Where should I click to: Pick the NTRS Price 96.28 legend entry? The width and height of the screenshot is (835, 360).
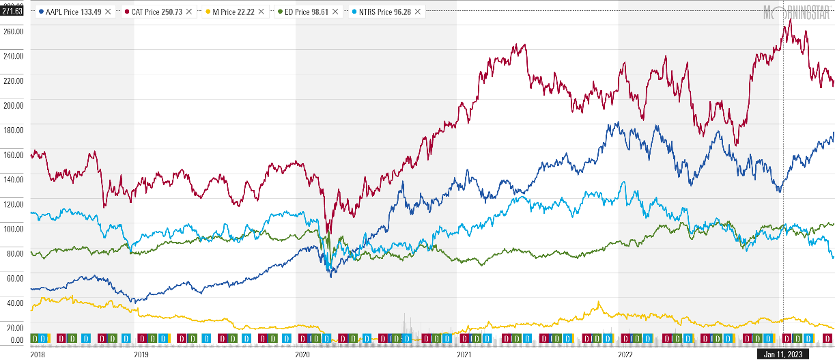pyautogui.click(x=383, y=12)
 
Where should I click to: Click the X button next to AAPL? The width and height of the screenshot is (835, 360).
pyautogui.click(x=108, y=12)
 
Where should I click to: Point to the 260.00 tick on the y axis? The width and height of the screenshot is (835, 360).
pyautogui.click(x=14, y=31)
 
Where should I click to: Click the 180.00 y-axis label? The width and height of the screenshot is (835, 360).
pyautogui.click(x=14, y=130)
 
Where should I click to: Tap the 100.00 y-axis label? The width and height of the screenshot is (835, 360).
pyautogui.click(x=14, y=229)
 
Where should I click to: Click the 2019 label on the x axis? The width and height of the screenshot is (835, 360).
pyautogui.click(x=141, y=355)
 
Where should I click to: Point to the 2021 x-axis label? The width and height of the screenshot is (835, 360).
pyautogui.click(x=464, y=355)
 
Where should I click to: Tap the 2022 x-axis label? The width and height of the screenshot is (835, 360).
pyautogui.click(x=625, y=355)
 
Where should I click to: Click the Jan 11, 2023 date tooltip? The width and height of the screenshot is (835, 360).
pyautogui.click(x=783, y=354)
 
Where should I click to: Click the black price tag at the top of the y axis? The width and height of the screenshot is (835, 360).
pyautogui.click(x=13, y=11)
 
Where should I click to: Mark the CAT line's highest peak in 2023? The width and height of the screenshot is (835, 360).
pyautogui.click(x=790, y=20)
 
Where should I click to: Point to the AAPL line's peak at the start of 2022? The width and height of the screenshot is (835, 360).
pyautogui.click(x=617, y=123)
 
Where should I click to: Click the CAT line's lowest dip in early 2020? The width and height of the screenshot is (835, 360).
pyautogui.click(x=328, y=233)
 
